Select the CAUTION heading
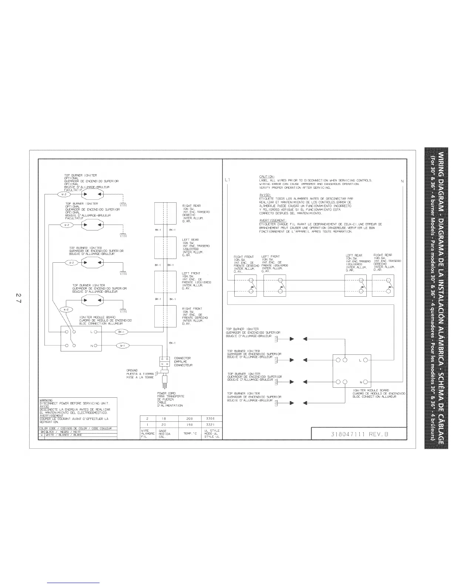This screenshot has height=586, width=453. [266, 177]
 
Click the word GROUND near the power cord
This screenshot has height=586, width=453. [132, 370]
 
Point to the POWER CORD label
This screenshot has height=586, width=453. [166, 393]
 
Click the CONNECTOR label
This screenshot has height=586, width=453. [182, 358]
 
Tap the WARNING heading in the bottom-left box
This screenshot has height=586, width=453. [46, 400]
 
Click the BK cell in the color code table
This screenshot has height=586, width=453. [42, 432]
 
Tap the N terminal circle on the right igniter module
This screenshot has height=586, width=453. [365, 382]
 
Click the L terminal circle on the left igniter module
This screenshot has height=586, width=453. [95, 332]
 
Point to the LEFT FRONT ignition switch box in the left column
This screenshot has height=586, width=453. [165, 282]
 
